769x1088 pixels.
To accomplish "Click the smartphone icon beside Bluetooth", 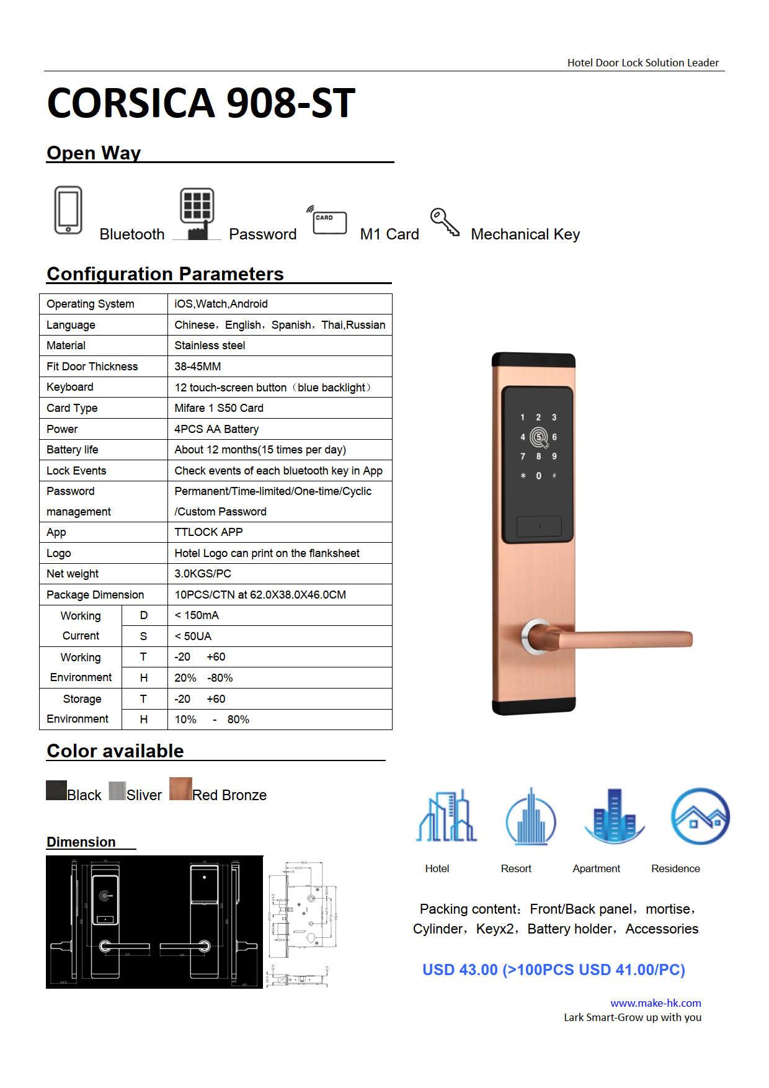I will (x=68, y=211).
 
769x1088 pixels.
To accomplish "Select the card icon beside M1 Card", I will (x=328, y=221).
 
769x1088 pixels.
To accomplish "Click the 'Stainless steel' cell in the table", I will (x=210, y=346).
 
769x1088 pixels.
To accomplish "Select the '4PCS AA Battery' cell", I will (x=216, y=429).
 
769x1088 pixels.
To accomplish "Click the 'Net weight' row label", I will (x=73, y=574).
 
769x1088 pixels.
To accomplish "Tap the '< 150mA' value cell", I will (x=197, y=615).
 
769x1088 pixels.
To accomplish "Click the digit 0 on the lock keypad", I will (x=538, y=476).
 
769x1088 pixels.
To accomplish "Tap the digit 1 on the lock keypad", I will (x=523, y=417).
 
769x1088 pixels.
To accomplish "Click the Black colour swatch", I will (x=56, y=790).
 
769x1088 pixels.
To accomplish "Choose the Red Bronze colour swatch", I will (x=180, y=789).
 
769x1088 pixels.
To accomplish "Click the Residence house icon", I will (x=700, y=816).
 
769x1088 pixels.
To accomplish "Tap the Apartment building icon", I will (x=613, y=816).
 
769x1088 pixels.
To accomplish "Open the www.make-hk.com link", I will (x=656, y=1003).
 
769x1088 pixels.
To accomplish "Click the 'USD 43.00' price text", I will (x=460, y=970).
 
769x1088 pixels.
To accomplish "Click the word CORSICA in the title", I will (x=131, y=103).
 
